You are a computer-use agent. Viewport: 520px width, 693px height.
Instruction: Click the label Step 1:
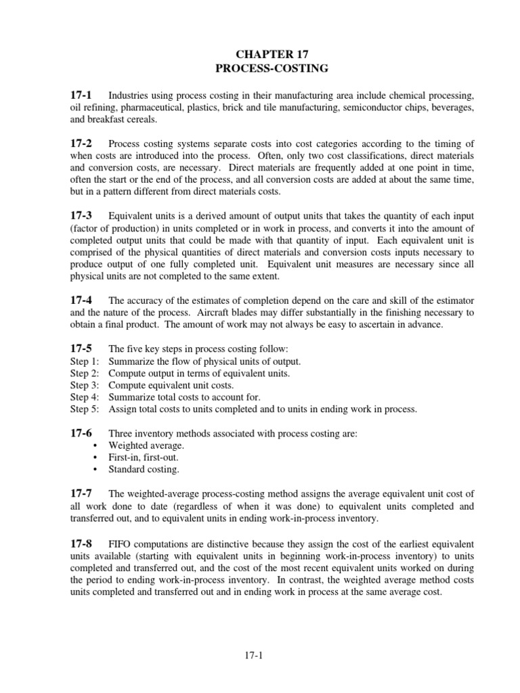pyautogui.click(x=85, y=361)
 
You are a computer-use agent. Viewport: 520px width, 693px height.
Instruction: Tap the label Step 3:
pyautogui.click(x=85, y=385)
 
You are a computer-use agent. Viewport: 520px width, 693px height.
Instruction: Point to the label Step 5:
pyautogui.click(x=85, y=409)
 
